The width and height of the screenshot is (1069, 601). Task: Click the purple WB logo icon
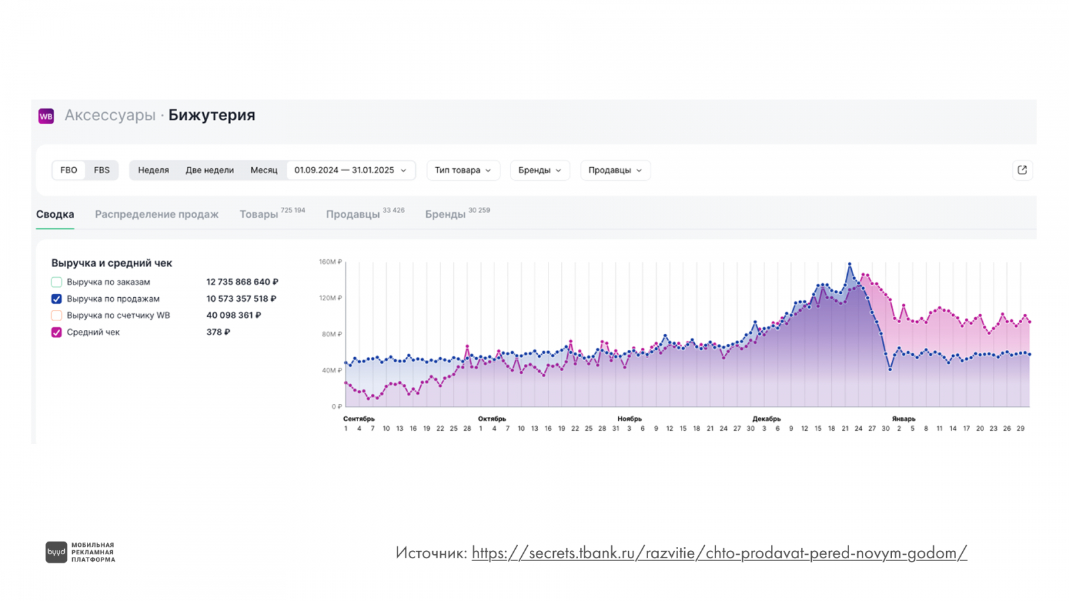click(46, 116)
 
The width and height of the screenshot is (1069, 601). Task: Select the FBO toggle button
click(69, 170)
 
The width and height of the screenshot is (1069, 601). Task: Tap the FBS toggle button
click(102, 170)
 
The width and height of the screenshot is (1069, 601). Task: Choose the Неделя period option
click(154, 170)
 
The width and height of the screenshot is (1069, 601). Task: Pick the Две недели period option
click(210, 170)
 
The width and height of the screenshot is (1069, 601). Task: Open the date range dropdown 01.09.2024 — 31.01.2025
click(351, 170)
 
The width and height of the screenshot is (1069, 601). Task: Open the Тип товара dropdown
click(463, 170)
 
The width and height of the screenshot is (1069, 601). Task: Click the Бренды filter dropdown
click(540, 170)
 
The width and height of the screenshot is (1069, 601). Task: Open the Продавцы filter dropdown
click(615, 170)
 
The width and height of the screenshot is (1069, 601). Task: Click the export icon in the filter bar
click(1022, 170)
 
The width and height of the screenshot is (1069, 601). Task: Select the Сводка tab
click(55, 214)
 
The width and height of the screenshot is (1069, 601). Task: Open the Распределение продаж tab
click(156, 214)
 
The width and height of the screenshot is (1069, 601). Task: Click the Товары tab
click(259, 214)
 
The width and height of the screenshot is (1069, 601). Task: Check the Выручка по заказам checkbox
click(57, 282)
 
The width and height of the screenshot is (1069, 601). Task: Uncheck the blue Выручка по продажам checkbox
click(57, 299)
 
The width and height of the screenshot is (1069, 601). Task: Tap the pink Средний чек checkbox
click(57, 333)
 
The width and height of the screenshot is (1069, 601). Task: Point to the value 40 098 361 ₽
click(234, 315)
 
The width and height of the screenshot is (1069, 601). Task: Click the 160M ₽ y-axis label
click(330, 262)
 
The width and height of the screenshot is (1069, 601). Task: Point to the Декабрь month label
click(766, 419)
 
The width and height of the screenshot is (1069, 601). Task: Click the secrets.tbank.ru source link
click(719, 553)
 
